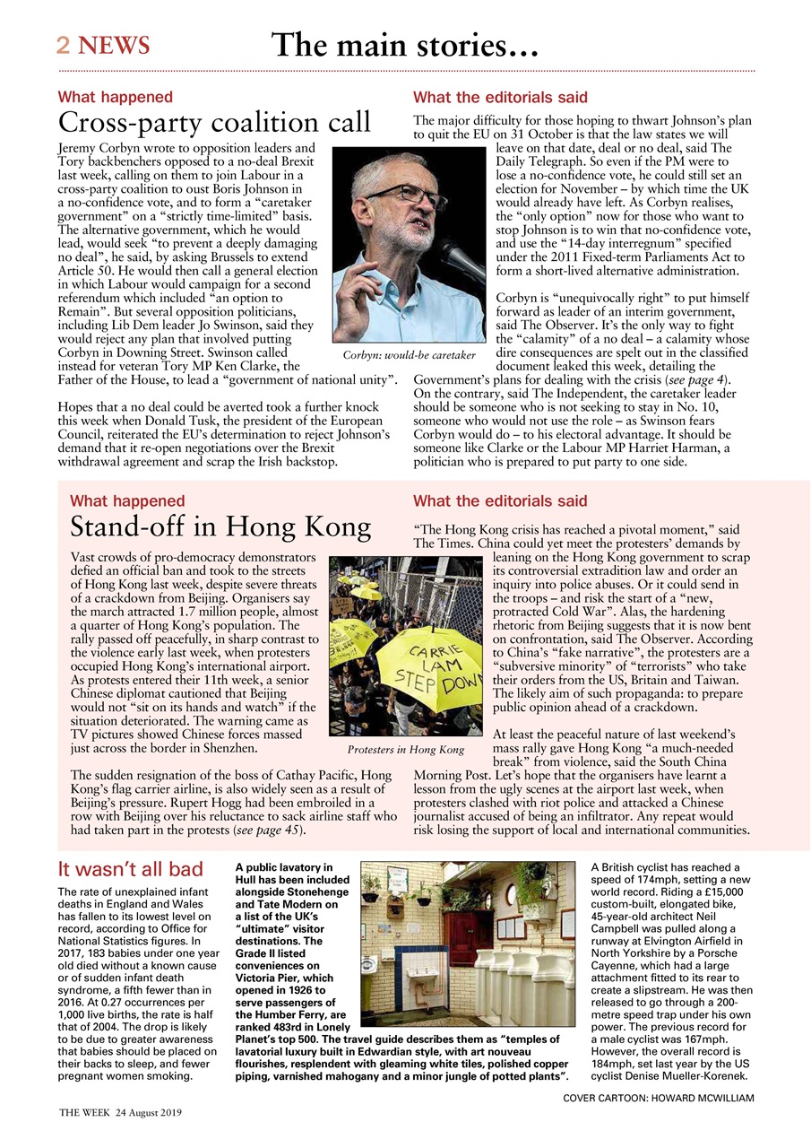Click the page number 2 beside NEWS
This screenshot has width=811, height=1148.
click(x=64, y=46)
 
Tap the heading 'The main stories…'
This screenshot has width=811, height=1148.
click(x=405, y=44)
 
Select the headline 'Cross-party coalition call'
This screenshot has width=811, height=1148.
click(x=214, y=122)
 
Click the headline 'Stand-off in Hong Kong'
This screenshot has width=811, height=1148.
click(x=220, y=526)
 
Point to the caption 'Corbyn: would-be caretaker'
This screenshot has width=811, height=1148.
click(x=403, y=355)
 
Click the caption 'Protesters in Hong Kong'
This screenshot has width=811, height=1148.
click(x=405, y=749)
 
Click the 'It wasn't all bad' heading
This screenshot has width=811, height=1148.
click(x=130, y=868)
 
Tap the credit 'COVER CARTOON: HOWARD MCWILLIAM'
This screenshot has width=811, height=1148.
click(x=658, y=1098)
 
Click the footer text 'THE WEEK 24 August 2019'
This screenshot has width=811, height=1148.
click(x=120, y=1113)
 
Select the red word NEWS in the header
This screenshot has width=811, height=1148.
click(x=114, y=46)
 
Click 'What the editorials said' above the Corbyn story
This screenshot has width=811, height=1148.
click(x=500, y=97)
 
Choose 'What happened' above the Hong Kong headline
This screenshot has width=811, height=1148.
click(x=127, y=501)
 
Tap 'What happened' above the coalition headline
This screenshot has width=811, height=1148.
click(x=115, y=97)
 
